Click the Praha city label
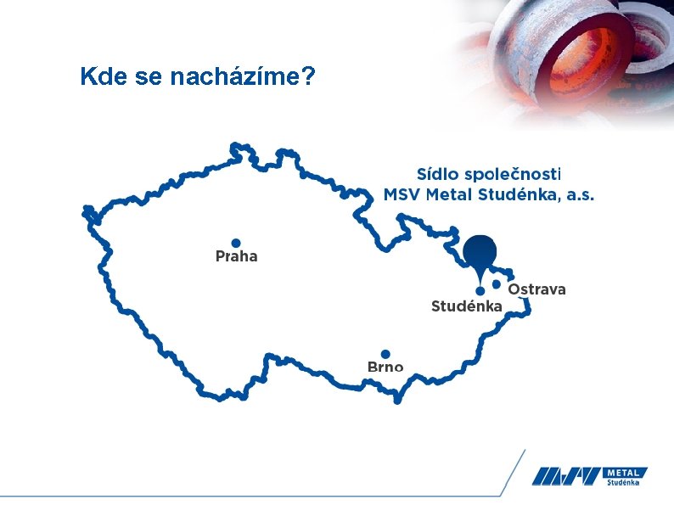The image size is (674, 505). (x=236, y=256)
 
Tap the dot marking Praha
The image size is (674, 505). (x=236, y=243)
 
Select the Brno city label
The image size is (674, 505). (x=385, y=367)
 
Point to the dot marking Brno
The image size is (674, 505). (x=385, y=354)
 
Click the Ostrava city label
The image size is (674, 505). (x=536, y=289)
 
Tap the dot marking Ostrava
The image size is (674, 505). (x=497, y=284)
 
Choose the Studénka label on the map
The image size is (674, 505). (x=467, y=306)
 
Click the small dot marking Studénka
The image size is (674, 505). (x=480, y=291)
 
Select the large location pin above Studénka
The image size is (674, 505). (x=480, y=252)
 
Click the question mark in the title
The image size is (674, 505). (x=309, y=77)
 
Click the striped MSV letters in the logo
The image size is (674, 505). (x=567, y=476)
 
